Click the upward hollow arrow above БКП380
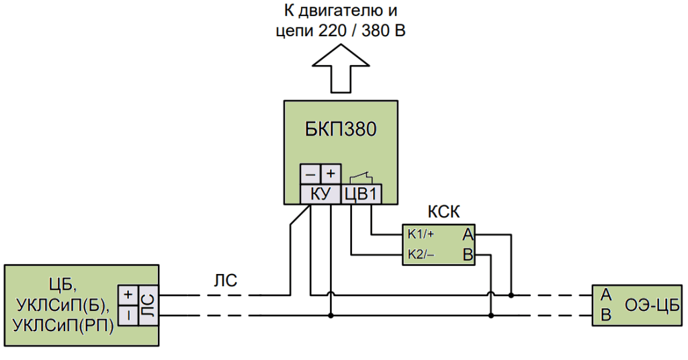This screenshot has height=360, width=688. (341, 70)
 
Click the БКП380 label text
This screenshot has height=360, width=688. (341, 129)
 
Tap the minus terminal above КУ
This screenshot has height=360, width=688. (310, 175)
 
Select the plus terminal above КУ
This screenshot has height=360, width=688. (330, 174)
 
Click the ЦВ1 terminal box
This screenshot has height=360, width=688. (362, 194)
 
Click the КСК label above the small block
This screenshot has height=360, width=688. (444, 212)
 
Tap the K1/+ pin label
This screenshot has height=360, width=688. (421, 234)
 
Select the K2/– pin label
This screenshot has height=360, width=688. (421, 255)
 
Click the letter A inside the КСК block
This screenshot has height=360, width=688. (467, 234)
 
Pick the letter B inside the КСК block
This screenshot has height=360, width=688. (467, 255)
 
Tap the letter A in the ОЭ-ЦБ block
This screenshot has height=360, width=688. (605, 295)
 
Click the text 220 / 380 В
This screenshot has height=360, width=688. (361, 31)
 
